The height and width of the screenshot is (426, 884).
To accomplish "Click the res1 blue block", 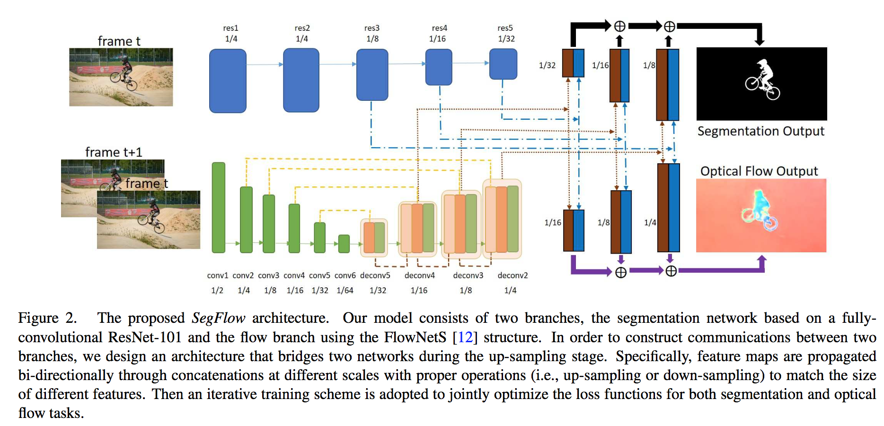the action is pyautogui.click(x=228, y=81).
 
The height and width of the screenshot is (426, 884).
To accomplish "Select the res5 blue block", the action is pyautogui.click(x=503, y=64).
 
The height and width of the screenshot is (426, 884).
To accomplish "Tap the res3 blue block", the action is pyautogui.click(x=372, y=75).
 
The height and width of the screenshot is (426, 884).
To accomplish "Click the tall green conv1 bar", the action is pyautogui.click(x=219, y=207).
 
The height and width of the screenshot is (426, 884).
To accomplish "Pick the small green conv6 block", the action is pyautogui.click(x=344, y=244).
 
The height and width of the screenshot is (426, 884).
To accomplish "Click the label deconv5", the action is pyautogui.click(x=375, y=275).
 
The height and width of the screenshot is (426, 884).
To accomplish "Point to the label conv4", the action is pyautogui.click(x=294, y=275).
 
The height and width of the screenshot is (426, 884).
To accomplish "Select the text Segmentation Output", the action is pyautogui.click(x=761, y=131).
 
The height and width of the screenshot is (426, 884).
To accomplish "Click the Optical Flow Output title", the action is pyautogui.click(x=759, y=171).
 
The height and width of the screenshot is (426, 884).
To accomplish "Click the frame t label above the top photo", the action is pyautogui.click(x=119, y=41).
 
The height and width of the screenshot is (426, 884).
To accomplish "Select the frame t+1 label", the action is pyautogui.click(x=114, y=152).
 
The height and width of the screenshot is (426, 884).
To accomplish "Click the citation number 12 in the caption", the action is pyautogui.click(x=465, y=337).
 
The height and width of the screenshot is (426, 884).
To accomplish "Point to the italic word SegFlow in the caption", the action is pyautogui.click(x=218, y=318).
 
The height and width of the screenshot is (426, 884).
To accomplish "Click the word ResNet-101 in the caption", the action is pyautogui.click(x=145, y=337).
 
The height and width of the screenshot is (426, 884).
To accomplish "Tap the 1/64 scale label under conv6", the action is pyautogui.click(x=345, y=290).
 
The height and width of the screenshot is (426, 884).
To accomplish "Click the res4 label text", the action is pyautogui.click(x=440, y=28).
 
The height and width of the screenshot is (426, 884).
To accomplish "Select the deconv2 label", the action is pyautogui.click(x=513, y=275).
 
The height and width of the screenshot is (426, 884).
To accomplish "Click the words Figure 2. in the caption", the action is pyautogui.click(x=47, y=318).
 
